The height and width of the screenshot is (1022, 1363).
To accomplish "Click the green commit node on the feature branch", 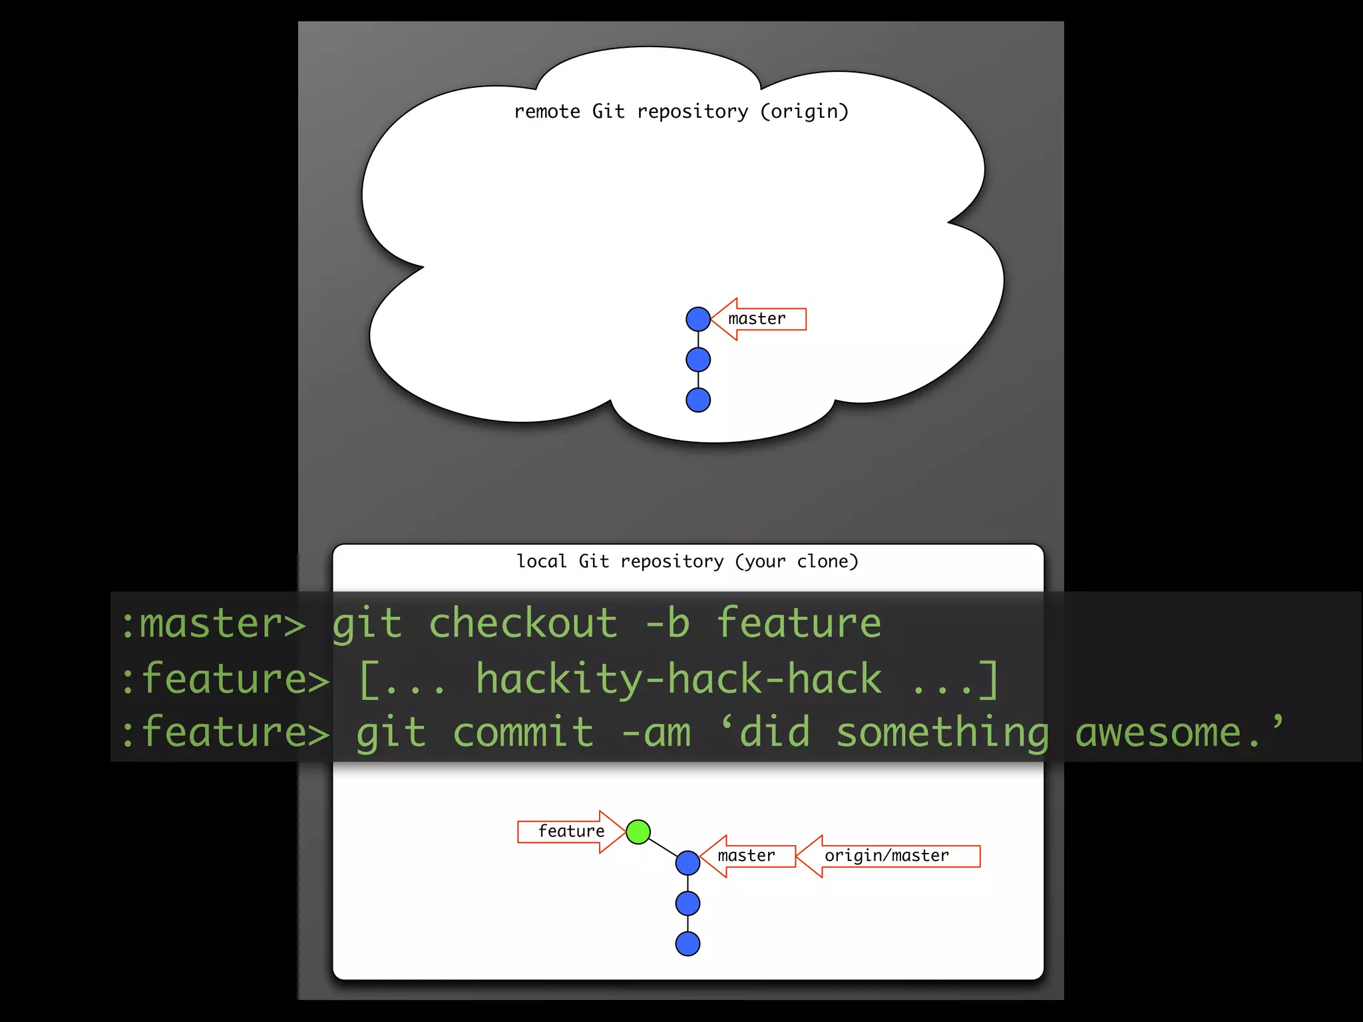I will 638,832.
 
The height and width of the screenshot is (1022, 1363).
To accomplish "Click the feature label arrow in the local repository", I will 571,832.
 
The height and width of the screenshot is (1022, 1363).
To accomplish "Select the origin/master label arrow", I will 887,856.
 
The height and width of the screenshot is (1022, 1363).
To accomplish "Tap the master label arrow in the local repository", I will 747,856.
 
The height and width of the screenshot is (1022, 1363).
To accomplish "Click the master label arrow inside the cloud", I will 757,319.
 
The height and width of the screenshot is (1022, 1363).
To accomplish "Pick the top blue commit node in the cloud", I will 698,319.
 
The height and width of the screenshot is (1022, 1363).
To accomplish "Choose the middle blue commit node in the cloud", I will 698,360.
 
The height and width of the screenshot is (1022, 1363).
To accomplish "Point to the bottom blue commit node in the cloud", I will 698,400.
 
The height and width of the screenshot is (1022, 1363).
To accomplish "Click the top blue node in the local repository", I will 687,863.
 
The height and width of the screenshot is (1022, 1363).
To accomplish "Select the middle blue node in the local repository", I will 687,904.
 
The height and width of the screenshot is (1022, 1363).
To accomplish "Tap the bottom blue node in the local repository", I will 687,943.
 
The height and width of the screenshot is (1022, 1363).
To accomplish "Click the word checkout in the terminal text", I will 523,623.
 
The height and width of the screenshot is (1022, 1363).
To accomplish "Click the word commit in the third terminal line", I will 523,733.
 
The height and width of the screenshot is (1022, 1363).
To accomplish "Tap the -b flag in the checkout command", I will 668,623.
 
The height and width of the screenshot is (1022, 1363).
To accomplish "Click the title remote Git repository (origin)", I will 681,111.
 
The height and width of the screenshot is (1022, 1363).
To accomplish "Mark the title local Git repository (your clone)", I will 687,562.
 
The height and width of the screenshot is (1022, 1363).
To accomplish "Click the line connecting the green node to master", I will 663,847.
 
